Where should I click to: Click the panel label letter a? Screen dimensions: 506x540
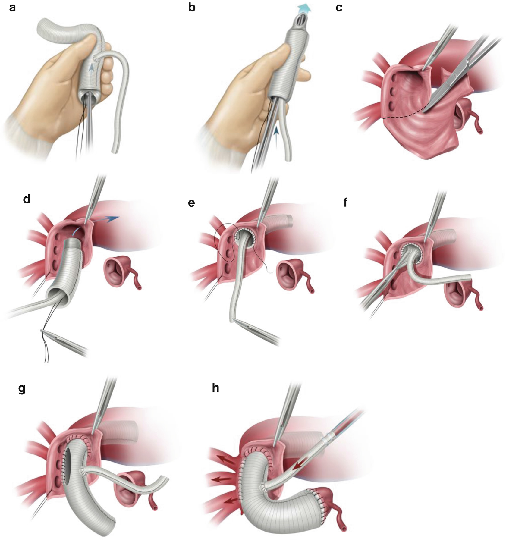pos(12,8)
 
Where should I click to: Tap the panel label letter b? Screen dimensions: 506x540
pos(192,8)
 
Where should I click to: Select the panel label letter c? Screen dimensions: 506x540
pos(339,8)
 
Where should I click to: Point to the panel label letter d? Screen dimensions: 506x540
pos(27,199)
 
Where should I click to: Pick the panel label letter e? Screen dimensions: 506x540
pos(191,203)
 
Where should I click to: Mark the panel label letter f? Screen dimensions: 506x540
pos(345,202)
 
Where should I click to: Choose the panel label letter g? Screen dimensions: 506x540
pos(22,389)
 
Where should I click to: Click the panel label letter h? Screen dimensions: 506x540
pos(215,388)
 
